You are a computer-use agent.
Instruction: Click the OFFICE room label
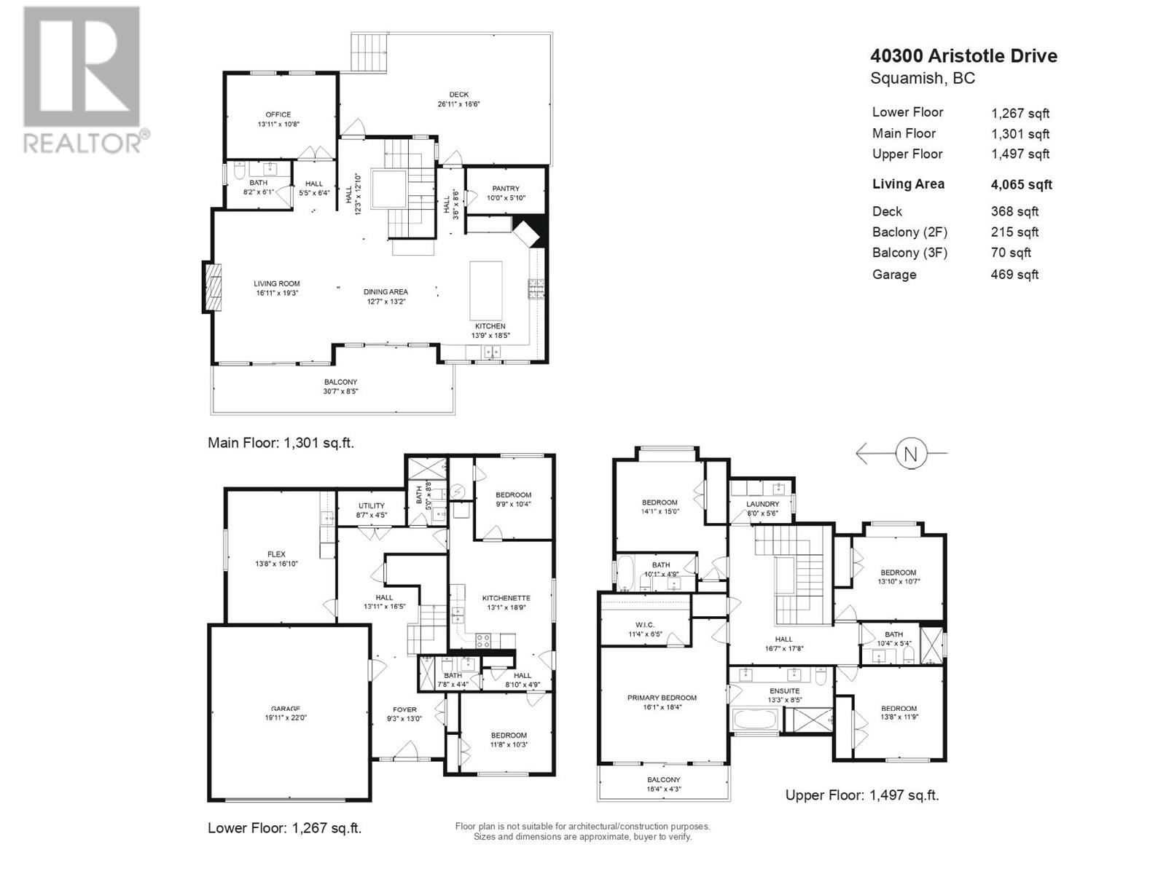pyautogui.click(x=278, y=114)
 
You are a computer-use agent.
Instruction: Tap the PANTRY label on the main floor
pyautogui.click(x=506, y=189)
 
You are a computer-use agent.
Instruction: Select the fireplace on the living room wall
pyautogui.click(x=212, y=287)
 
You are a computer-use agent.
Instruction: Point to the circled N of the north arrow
pyautogui.click(x=909, y=454)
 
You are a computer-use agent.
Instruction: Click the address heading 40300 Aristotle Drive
pyautogui.click(x=963, y=56)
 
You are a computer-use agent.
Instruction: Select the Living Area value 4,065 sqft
pyautogui.click(x=1021, y=185)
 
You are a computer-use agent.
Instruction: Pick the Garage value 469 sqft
pyautogui.click(x=1014, y=275)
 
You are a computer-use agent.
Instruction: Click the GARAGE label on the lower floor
pyautogui.click(x=286, y=709)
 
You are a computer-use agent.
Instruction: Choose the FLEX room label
pyautogui.click(x=276, y=554)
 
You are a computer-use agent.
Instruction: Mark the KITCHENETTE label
pyautogui.click(x=506, y=598)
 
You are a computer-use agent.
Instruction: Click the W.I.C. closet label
pyautogui.click(x=644, y=625)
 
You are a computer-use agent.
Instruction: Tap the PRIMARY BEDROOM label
pyautogui.click(x=662, y=698)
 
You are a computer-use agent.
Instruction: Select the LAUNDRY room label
pyautogui.click(x=762, y=504)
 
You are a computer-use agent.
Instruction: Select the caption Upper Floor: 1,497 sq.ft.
pyautogui.click(x=861, y=795)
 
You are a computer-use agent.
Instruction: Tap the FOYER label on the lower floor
pyautogui.click(x=404, y=709)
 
